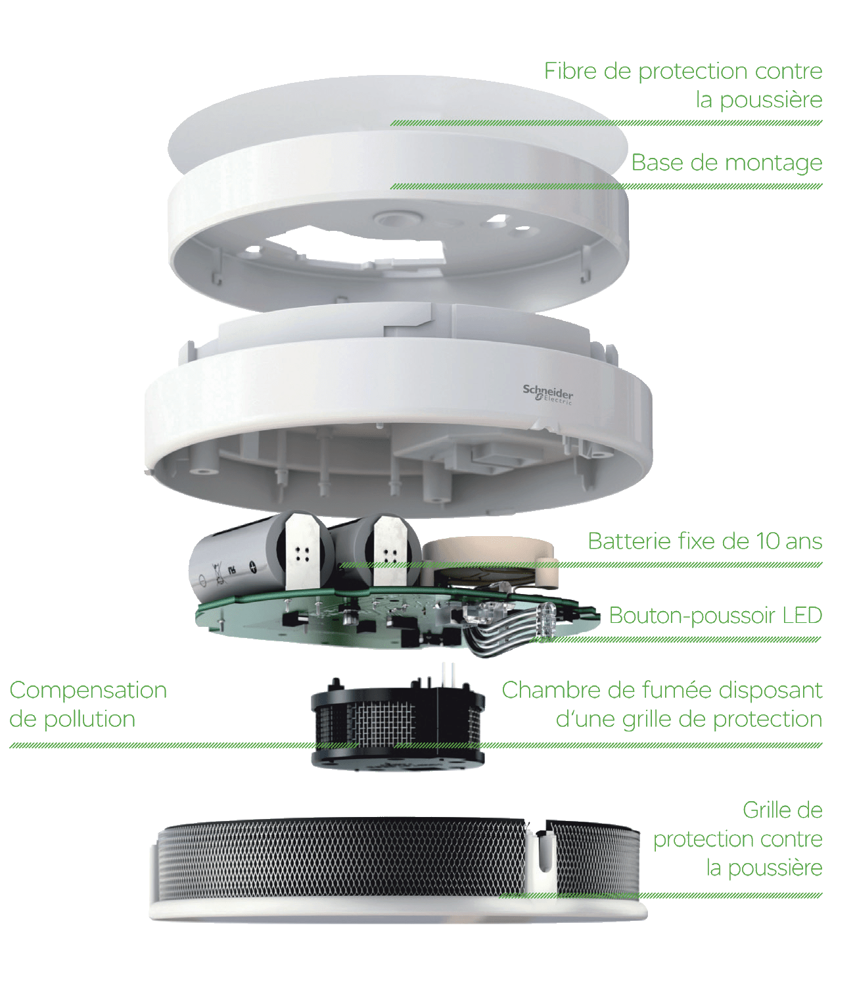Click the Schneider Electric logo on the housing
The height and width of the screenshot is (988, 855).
click(548, 395)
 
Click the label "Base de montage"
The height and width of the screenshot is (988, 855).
click(726, 164)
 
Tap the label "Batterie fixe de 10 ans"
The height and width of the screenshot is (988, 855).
click(705, 541)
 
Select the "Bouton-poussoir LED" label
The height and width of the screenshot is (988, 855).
click(716, 616)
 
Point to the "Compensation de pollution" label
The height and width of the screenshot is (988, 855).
click(88, 704)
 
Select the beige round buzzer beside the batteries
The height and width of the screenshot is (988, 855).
click(490, 562)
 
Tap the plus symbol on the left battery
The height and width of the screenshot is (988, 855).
click(253, 568)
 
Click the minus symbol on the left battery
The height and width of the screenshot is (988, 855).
click(202, 581)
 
